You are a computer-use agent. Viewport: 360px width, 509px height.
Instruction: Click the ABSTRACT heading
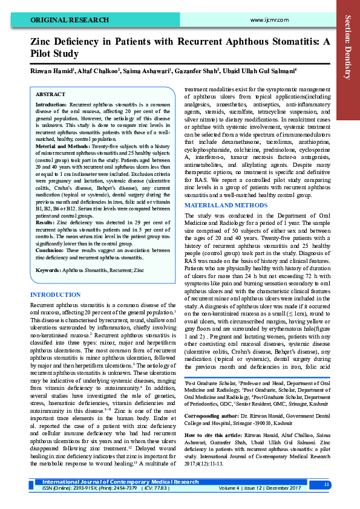[50, 96]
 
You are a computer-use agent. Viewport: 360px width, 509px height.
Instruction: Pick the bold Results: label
[46, 206]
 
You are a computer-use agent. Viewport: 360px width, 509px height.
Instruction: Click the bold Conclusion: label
[50, 233]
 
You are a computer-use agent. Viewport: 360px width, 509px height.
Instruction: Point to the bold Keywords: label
[48, 253]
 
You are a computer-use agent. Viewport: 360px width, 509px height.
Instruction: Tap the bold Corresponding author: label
[210, 417]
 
